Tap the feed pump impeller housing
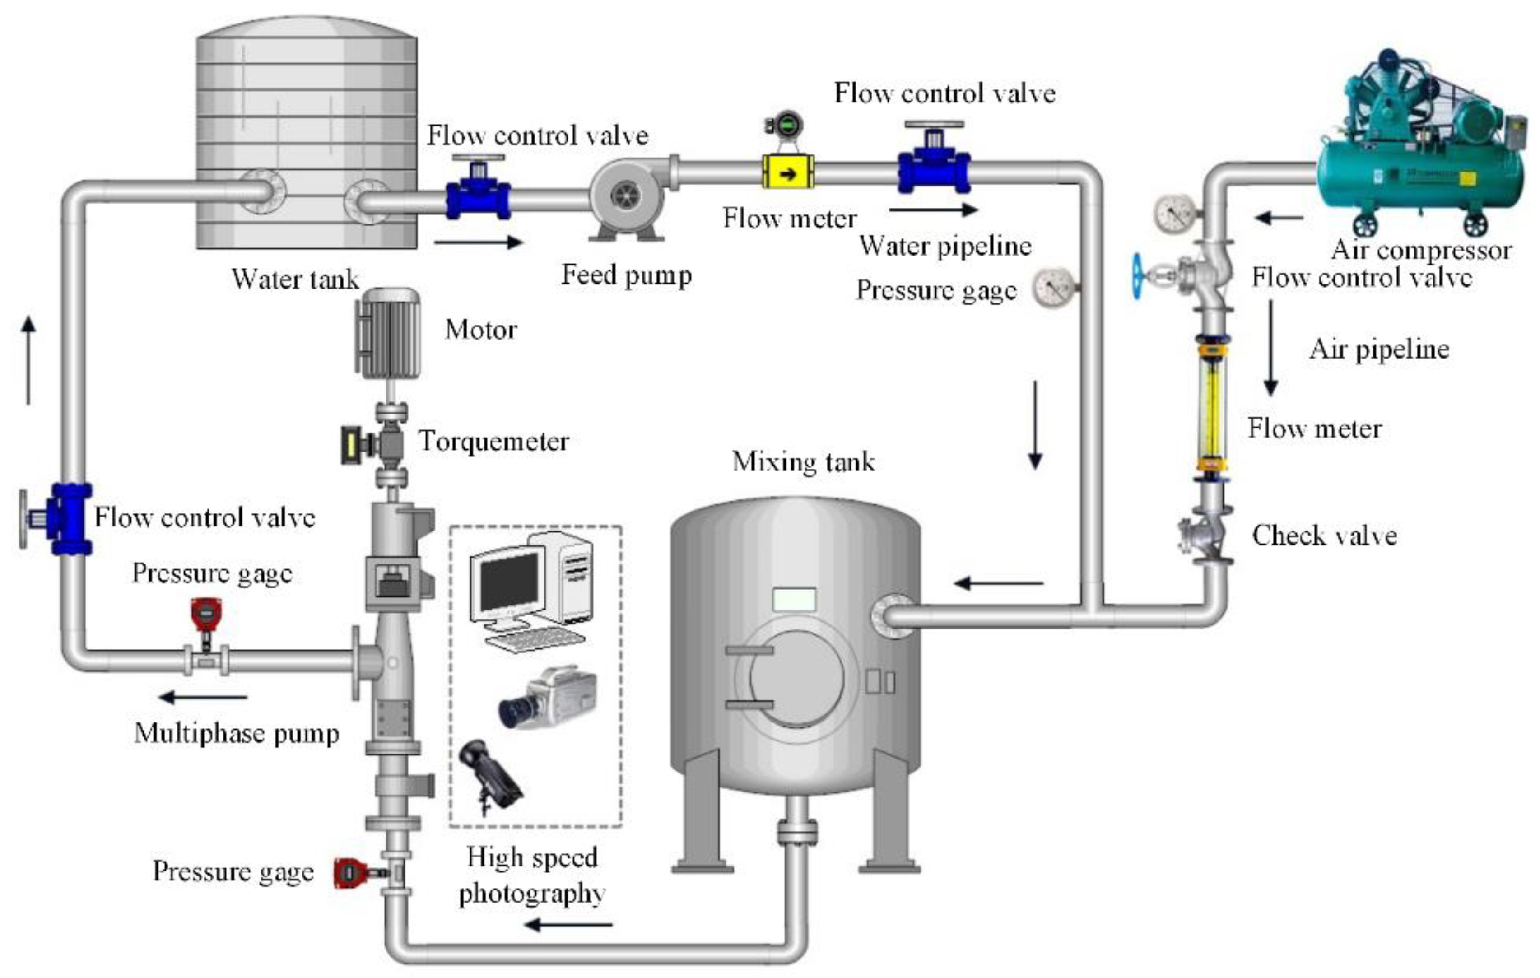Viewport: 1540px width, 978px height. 625,195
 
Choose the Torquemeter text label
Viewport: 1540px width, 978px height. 493,441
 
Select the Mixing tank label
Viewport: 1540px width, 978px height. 803,461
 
